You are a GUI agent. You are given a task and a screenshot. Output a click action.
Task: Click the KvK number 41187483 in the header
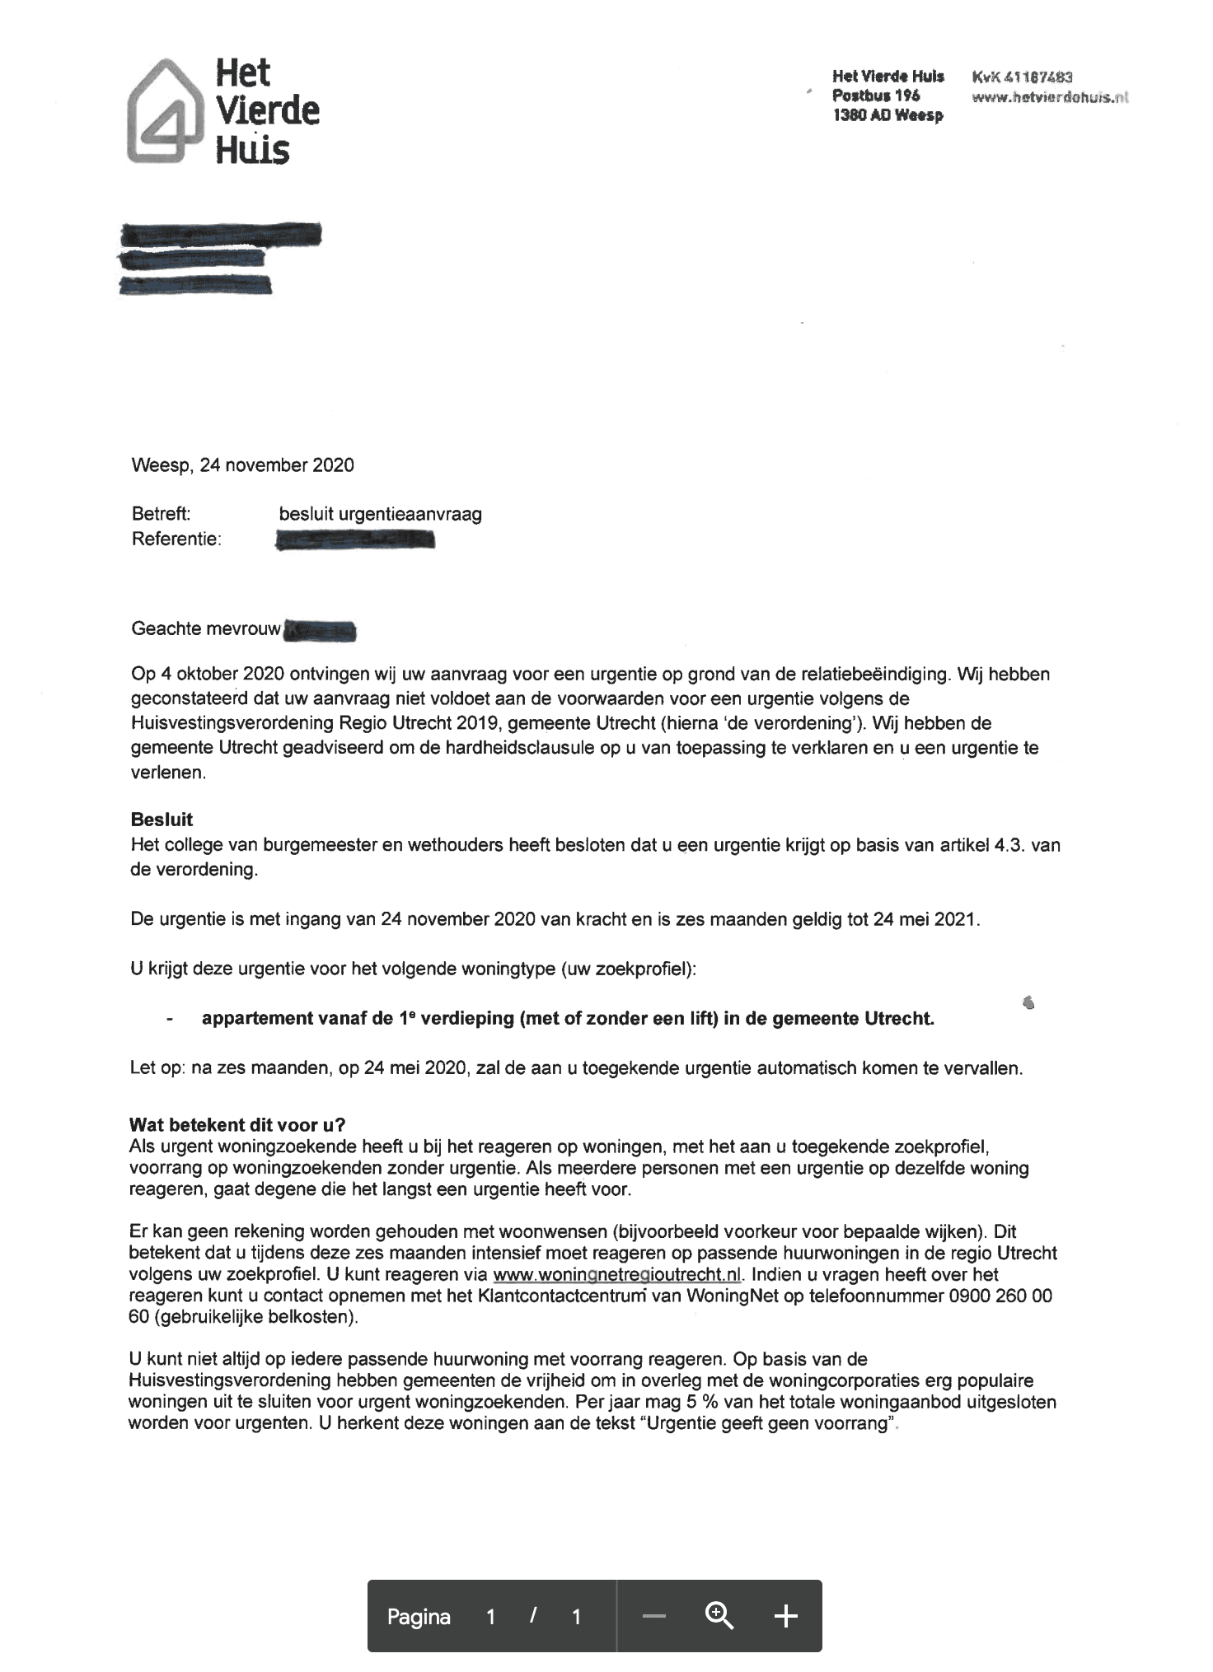(1022, 77)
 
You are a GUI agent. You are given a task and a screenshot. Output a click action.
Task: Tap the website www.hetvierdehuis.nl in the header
(1049, 97)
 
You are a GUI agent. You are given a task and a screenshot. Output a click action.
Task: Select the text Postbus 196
(876, 96)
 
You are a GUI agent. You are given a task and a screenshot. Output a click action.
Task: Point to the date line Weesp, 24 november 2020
(242, 465)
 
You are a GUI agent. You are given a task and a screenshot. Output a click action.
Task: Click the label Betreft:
(161, 514)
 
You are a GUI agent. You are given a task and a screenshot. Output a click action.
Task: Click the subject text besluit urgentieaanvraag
(380, 515)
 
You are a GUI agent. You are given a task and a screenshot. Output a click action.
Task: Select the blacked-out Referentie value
(355, 540)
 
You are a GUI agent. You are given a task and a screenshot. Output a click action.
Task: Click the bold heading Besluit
(162, 820)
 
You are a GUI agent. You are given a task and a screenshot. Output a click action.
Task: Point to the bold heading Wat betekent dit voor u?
(237, 1125)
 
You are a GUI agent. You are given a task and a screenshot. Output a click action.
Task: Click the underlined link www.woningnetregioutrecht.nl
(617, 1275)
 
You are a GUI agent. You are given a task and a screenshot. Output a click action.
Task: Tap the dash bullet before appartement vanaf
(170, 1020)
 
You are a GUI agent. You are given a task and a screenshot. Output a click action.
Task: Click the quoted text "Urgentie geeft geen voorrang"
(766, 1423)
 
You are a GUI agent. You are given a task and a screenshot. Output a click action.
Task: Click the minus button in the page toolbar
(653, 1617)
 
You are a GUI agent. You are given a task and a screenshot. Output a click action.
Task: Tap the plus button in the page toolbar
(786, 1617)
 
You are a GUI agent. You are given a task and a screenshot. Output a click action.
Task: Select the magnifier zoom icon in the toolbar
(719, 1617)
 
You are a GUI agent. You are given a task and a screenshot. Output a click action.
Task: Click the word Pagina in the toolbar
(419, 1618)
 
